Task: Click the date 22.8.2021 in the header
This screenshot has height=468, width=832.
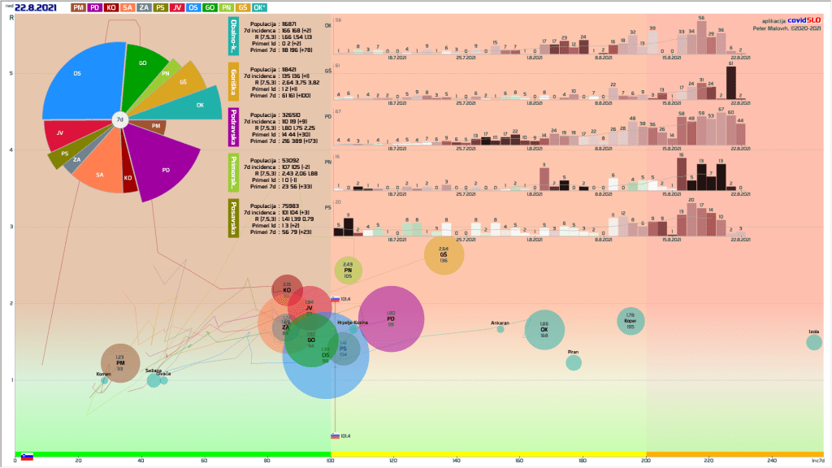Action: tap(36, 7)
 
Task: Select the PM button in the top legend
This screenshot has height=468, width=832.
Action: tap(79, 7)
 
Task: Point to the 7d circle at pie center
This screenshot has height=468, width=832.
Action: tap(119, 119)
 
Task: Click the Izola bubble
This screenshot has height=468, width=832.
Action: tap(814, 342)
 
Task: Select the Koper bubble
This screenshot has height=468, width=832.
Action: tap(630, 321)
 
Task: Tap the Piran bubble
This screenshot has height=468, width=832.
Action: tap(574, 362)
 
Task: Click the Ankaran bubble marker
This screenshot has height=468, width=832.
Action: tap(500, 329)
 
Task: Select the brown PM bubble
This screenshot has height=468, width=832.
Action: tap(120, 363)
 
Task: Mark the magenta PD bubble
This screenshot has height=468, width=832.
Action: tap(391, 319)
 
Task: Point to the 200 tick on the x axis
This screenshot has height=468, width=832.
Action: tap(647, 461)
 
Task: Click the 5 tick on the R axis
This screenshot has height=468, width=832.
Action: tap(11, 74)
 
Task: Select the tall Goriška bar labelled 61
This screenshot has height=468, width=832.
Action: tap(731, 81)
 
